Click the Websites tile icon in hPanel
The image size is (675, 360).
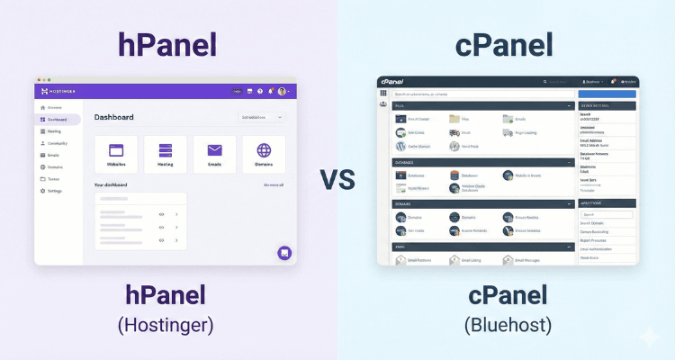tap(115, 150)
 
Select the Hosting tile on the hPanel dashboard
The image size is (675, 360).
tap(165, 150)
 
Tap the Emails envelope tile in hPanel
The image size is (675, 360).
tap(214, 150)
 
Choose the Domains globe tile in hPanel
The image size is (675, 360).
tap(264, 150)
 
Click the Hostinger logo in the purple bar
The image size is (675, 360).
tap(59, 91)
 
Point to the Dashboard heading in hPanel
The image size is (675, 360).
tap(114, 117)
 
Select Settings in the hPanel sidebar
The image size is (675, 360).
tap(54, 191)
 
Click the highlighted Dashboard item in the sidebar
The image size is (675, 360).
tap(58, 119)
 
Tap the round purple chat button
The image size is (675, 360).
tap(284, 253)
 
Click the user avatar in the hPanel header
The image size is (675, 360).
tap(282, 91)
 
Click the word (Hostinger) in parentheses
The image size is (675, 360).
tap(164, 323)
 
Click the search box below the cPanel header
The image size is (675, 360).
tap(482, 94)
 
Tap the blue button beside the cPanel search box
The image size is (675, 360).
tap(607, 94)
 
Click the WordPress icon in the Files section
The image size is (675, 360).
tap(400, 145)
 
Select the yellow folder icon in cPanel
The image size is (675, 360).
tap(454, 119)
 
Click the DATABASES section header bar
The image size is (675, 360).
tap(483, 162)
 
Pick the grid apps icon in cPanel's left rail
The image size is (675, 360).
tap(383, 93)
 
